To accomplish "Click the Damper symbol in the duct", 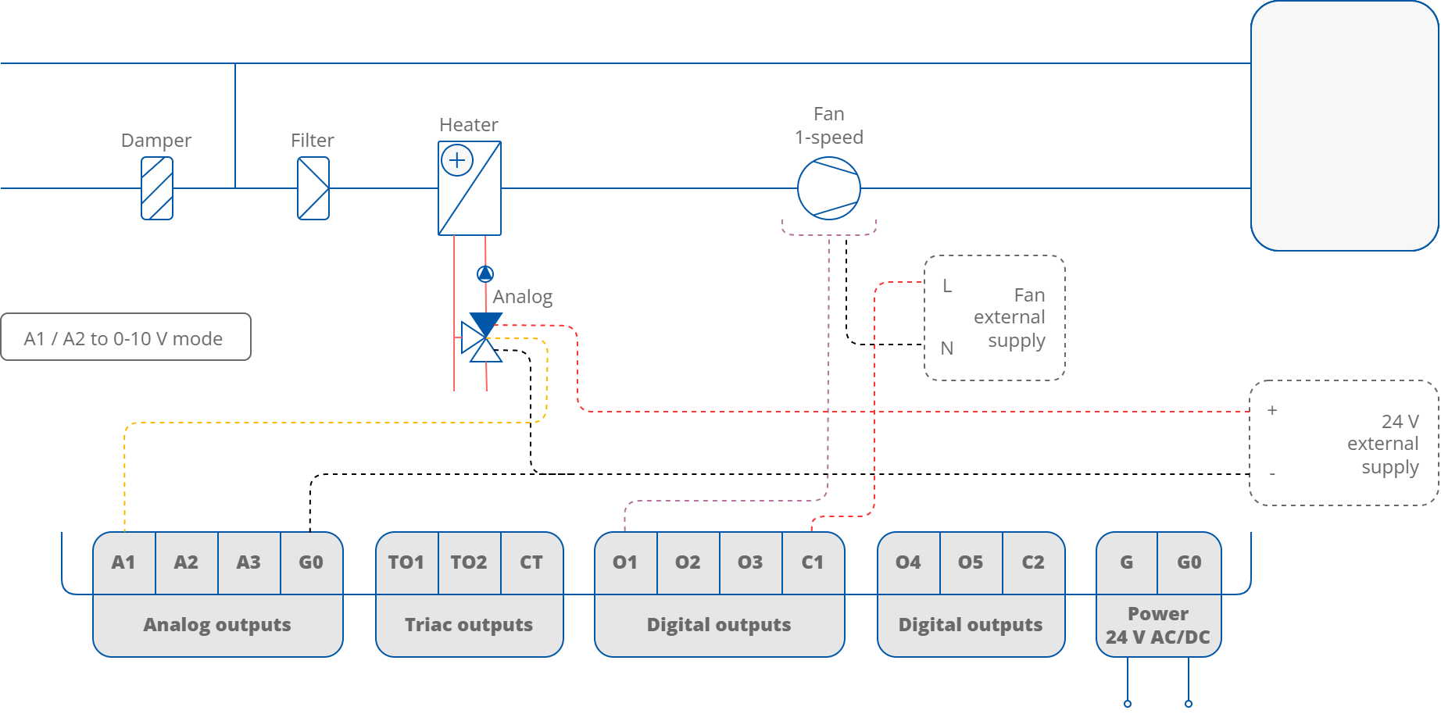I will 156,188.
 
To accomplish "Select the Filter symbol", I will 313,188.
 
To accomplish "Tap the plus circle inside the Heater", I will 457,161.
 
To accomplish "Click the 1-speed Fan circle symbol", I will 828,188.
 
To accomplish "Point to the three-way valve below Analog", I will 483,338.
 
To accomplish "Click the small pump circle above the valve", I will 485,273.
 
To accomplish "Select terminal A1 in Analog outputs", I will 123,562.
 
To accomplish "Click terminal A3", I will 249,562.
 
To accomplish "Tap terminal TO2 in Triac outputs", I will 469,562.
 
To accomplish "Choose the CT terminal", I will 531,562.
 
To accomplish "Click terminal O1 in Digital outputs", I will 625,562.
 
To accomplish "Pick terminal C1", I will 813,562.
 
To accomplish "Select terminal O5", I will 971,562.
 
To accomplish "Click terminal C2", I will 1033,562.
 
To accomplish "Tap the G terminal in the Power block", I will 1126,562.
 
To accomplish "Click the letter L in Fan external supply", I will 947,286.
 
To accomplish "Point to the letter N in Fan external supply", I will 947,348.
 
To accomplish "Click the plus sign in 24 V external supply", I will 1272,410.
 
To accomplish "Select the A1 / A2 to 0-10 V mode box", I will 125,337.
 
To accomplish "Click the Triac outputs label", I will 469,625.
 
